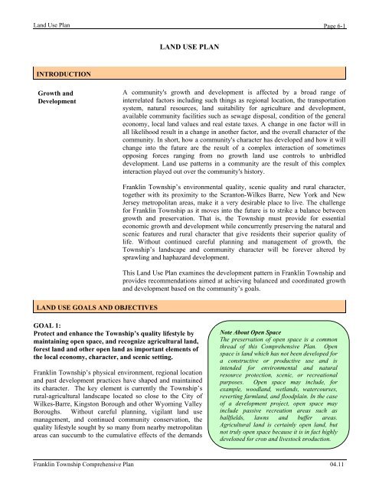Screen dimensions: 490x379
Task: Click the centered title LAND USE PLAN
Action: pos(189,47)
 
